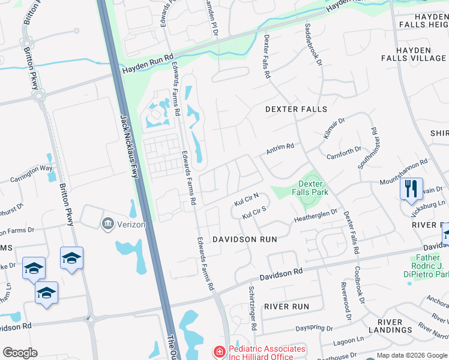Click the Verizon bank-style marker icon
point(107,224)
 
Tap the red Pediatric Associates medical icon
point(220,351)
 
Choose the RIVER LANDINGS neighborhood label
point(386,326)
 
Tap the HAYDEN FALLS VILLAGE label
point(414,54)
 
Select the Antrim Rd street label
point(280,146)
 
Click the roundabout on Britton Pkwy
point(40,95)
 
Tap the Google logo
point(20,353)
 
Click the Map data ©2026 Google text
point(411,355)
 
